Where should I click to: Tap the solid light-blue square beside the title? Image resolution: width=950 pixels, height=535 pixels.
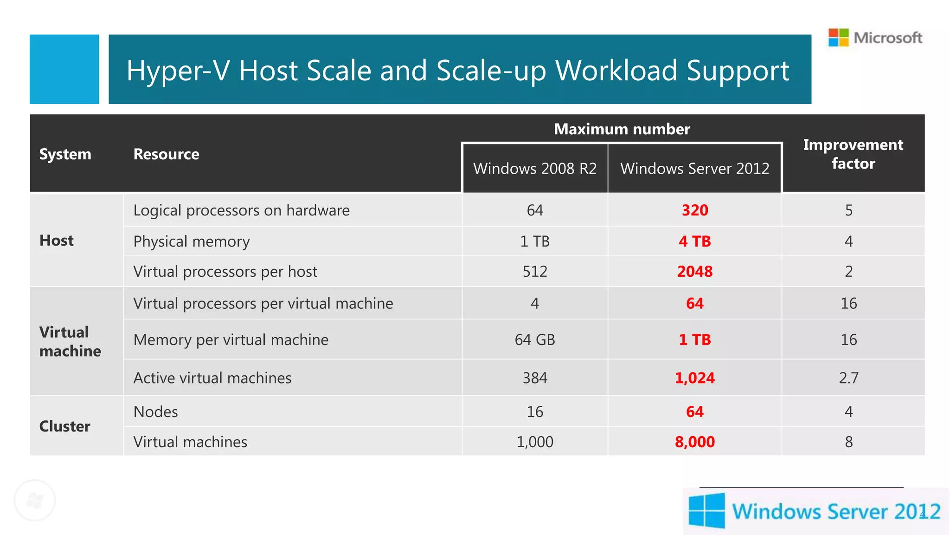(x=64, y=69)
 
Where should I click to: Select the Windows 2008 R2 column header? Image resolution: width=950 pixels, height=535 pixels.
(x=535, y=168)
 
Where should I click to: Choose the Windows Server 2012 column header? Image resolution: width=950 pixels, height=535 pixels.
(x=694, y=168)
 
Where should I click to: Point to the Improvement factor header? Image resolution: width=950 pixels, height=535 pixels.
(x=853, y=154)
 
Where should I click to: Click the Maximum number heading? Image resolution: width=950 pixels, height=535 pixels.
(x=622, y=129)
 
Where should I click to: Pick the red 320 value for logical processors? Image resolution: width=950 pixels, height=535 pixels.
(x=694, y=210)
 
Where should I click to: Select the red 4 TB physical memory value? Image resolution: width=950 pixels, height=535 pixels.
(x=694, y=241)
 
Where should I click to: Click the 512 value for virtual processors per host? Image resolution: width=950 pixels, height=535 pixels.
(x=535, y=272)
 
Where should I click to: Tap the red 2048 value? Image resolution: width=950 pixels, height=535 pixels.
(x=694, y=272)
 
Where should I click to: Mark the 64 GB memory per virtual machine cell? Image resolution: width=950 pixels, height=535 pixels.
(x=535, y=340)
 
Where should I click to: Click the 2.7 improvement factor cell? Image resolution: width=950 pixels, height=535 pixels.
(x=848, y=378)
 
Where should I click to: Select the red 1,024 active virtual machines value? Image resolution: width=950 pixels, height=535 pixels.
(x=694, y=378)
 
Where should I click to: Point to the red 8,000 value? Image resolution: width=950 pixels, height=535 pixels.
(x=694, y=442)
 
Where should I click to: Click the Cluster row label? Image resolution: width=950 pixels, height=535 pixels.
(x=64, y=426)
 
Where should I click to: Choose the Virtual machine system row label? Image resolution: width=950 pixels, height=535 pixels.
(x=70, y=342)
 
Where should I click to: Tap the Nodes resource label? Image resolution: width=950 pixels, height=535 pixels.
(x=155, y=412)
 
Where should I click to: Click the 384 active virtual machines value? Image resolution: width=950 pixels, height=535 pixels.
(x=535, y=378)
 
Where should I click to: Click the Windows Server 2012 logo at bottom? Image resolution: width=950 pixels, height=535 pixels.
(x=815, y=511)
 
